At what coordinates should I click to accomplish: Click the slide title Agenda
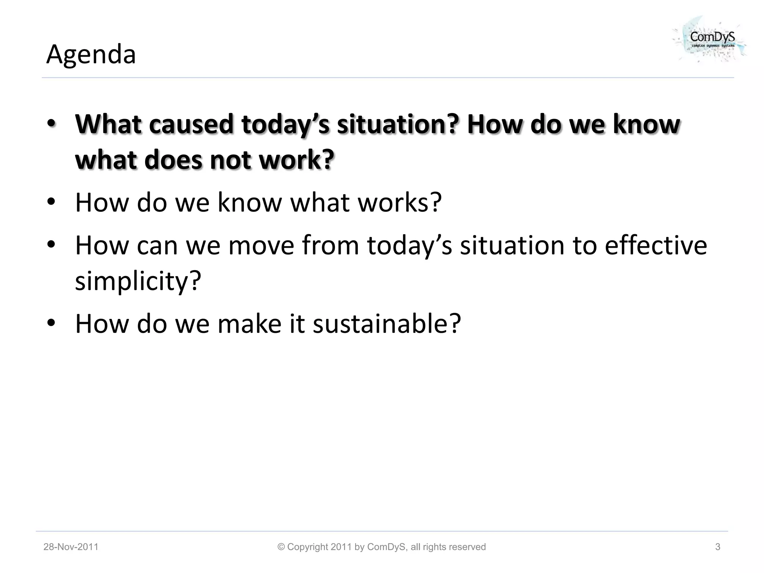click(x=91, y=54)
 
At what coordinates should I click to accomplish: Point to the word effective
click(x=655, y=245)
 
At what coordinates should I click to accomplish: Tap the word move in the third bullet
click(x=261, y=245)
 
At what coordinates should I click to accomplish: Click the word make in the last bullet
click(x=249, y=323)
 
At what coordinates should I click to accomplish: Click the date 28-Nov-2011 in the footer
click(x=71, y=547)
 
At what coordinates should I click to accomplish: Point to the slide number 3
click(x=717, y=547)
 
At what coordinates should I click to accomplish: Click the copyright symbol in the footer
click(x=281, y=547)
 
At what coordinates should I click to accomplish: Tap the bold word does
click(x=173, y=160)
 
